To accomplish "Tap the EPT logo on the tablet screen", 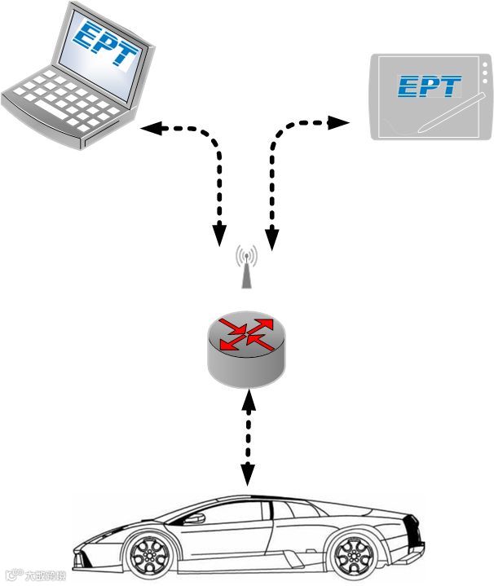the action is (x=429, y=86).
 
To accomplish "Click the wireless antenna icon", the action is (x=246, y=267).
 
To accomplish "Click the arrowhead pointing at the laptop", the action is (x=149, y=128).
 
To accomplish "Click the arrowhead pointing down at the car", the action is (x=247, y=476).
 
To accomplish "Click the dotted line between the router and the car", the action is (x=247, y=436).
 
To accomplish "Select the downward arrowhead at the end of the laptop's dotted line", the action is (x=218, y=236).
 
